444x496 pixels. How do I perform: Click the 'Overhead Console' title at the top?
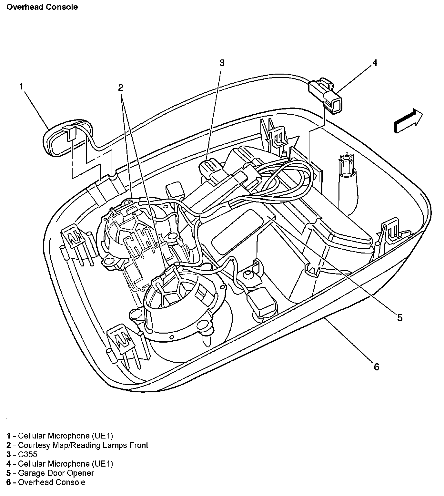coord(42,7)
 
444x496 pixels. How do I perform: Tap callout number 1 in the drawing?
coord(21,86)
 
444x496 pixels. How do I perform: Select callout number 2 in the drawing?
coord(121,87)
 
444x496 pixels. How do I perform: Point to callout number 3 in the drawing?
coord(222,63)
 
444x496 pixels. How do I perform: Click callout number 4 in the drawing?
coord(375,63)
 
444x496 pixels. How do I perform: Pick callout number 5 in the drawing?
coord(400,318)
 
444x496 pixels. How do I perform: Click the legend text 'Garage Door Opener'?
coord(56,473)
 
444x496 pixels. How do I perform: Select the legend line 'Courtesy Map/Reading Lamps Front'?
coord(83,445)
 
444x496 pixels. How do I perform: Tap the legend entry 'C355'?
coord(27,455)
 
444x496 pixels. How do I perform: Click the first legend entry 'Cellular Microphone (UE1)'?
coord(65,436)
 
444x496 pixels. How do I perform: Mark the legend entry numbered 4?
coord(60,464)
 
